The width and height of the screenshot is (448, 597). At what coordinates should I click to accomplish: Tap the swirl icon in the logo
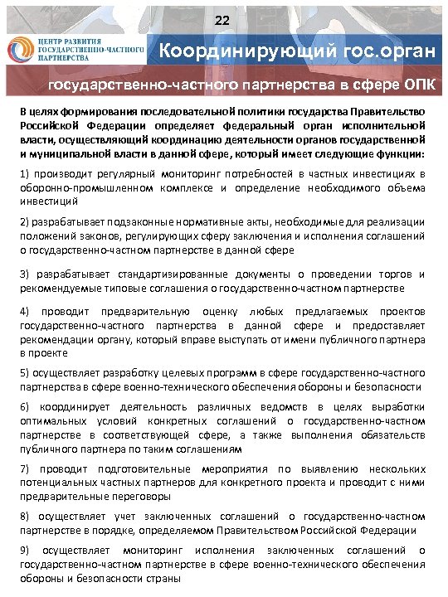(21, 51)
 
